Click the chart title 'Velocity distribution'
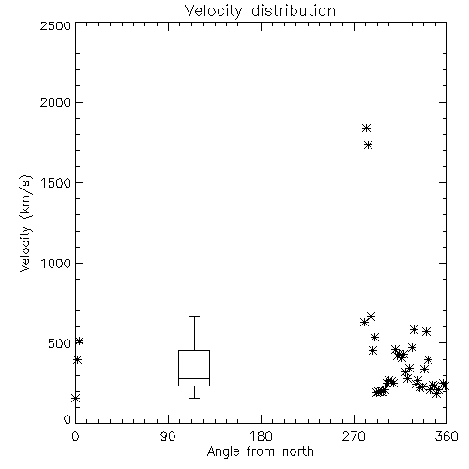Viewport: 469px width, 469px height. pyautogui.click(x=260, y=11)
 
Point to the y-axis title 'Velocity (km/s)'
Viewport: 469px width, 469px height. pyautogui.click(x=25, y=223)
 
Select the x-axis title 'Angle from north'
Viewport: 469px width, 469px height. pyautogui.click(x=260, y=451)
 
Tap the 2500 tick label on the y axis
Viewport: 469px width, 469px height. pyautogui.click(x=55, y=25)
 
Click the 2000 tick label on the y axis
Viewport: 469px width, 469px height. pyautogui.click(x=55, y=102)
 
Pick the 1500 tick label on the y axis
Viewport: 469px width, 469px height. pyautogui.click(x=56, y=183)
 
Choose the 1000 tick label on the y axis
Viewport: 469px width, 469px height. pyautogui.click(x=56, y=263)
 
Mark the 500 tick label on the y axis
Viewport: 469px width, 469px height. pyautogui.click(x=60, y=343)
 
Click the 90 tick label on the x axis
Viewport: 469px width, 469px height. pyautogui.click(x=168, y=436)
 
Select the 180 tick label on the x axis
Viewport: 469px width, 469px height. pyautogui.click(x=261, y=436)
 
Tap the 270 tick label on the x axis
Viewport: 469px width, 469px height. pyautogui.click(x=354, y=436)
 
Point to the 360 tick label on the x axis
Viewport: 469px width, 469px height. pyautogui.click(x=446, y=436)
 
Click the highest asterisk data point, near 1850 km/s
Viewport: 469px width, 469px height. pyautogui.click(x=366, y=128)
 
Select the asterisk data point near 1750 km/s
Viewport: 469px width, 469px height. pyautogui.click(x=369, y=144)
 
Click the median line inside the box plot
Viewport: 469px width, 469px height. pyautogui.click(x=194, y=378)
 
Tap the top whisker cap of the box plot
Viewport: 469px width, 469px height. pyautogui.click(x=194, y=316)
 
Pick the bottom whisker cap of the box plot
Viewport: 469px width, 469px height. pyautogui.click(x=194, y=398)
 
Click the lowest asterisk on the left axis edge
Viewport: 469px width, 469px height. pyautogui.click(x=75, y=398)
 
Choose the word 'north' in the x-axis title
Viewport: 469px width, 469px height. pyautogui.click(x=298, y=451)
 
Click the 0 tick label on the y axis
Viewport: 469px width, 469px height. pyautogui.click(x=68, y=419)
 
